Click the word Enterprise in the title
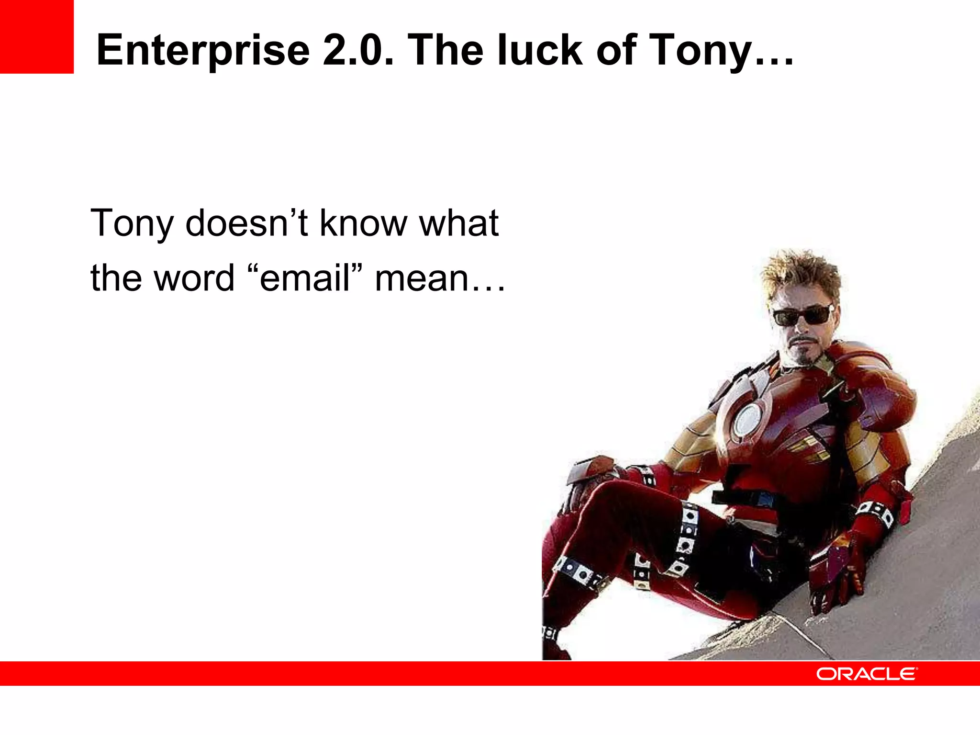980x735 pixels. pyautogui.click(x=203, y=51)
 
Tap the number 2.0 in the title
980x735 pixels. pyautogui.click(x=358, y=50)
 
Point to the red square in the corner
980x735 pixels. pyautogui.click(x=36, y=36)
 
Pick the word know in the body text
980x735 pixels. pyautogui.click(x=363, y=223)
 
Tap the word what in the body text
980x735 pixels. pyautogui.click(x=458, y=223)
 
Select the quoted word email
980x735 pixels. pyautogui.click(x=305, y=278)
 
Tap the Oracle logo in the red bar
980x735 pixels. pyautogui.click(x=866, y=674)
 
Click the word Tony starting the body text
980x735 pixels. pyautogui.click(x=132, y=224)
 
